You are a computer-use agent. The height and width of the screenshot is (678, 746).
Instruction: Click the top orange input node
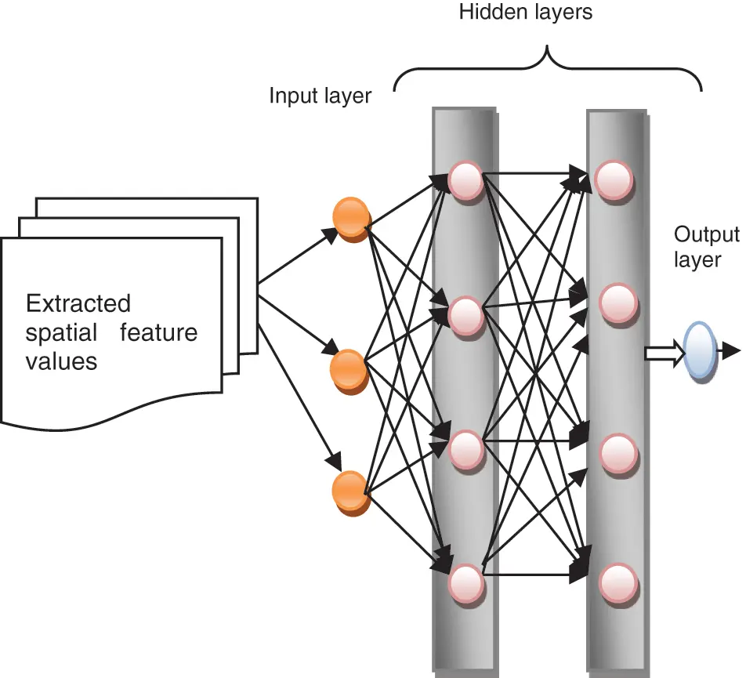click(x=349, y=218)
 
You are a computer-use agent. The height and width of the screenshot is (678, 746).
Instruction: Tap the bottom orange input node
click(x=349, y=492)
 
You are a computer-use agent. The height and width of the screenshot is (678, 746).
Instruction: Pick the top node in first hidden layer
click(x=465, y=179)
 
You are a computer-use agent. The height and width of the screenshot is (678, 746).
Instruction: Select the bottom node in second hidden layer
click(x=616, y=583)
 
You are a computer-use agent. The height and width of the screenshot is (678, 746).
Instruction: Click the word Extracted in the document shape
click(x=78, y=303)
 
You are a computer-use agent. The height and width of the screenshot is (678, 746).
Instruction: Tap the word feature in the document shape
click(x=159, y=332)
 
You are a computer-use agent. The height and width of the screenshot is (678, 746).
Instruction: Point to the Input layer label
click(x=320, y=96)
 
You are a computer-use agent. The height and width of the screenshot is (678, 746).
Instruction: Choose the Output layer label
click(x=706, y=246)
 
